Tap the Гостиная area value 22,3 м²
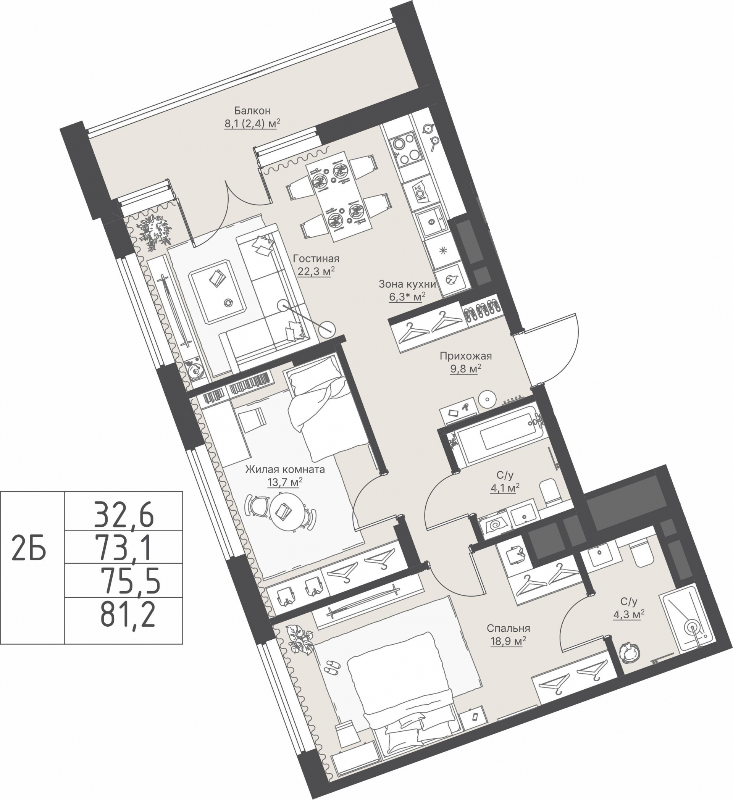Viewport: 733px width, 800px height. pyautogui.click(x=316, y=271)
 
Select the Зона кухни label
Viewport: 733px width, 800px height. pyautogui.click(x=407, y=284)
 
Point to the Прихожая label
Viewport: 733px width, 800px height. pyautogui.click(x=465, y=356)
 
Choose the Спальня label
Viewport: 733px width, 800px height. pyautogui.click(x=509, y=628)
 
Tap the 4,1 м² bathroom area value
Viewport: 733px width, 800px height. pyautogui.click(x=505, y=488)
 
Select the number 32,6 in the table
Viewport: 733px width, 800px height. pyautogui.click(x=123, y=515)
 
